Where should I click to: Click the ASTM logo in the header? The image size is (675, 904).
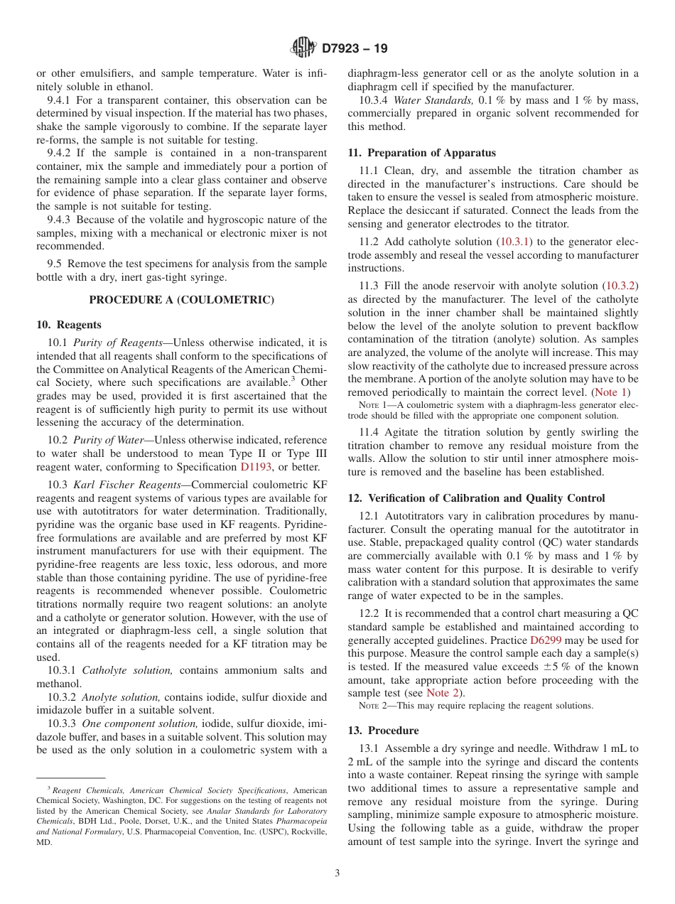(303, 48)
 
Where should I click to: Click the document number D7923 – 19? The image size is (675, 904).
(355, 49)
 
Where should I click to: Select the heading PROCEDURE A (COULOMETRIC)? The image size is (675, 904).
(181, 300)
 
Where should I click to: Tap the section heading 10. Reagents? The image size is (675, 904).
(69, 325)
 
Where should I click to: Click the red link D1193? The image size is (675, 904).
(256, 467)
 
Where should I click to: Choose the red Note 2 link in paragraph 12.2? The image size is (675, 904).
(444, 693)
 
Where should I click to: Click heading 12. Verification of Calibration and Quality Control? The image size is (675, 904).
(476, 498)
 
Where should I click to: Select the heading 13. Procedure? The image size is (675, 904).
(383, 731)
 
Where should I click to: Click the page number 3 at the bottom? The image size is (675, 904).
(337, 873)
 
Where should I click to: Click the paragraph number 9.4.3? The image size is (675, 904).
(61, 220)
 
